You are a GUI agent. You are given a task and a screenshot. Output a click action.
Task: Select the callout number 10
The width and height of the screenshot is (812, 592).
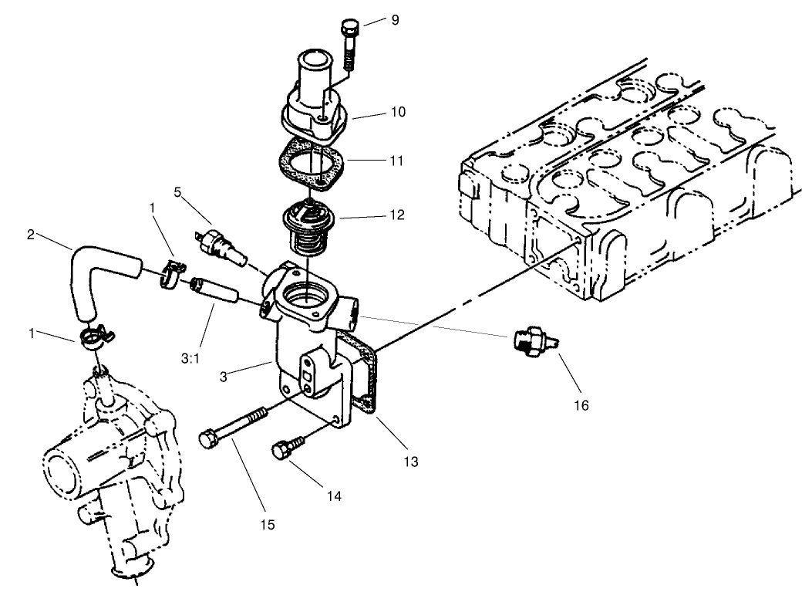pyautogui.click(x=398, y=113)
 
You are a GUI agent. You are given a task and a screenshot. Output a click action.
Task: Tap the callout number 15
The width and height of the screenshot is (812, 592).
pyautogui.click(x=267, y=524)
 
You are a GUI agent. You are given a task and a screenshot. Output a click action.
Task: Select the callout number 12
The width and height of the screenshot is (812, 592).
pyautogui.click(x=398, y=214)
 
